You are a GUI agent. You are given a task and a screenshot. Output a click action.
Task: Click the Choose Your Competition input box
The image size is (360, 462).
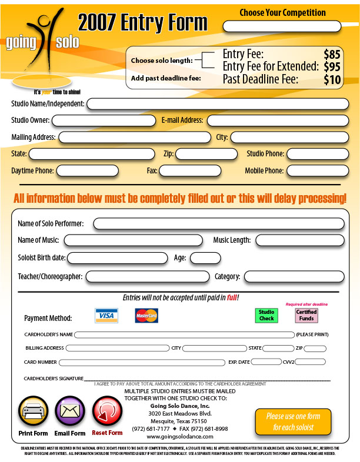(x=282, y=26)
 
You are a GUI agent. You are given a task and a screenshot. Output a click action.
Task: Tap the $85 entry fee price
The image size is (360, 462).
(x=331, y=55)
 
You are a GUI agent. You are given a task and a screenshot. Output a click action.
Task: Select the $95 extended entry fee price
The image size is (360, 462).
(x=331, y=67)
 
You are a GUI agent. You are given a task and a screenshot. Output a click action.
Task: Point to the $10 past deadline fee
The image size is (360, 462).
(x=332, y=79)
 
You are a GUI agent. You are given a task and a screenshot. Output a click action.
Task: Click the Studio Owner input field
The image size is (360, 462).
(x=104, y=120)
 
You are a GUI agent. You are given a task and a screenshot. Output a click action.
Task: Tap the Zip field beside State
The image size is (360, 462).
(x=206, y=154)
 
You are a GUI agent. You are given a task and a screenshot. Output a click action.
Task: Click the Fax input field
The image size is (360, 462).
(x=189, y=171)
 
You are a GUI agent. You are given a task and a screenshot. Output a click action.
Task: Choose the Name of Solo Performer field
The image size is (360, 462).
(x=218, y=224)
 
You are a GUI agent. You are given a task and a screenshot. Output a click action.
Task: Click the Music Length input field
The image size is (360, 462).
(x=299, y=240)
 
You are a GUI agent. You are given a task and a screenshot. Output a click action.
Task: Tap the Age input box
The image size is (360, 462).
(x=205, y=257)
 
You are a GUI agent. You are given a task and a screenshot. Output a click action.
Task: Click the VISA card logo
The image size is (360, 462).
(x=106, y=316)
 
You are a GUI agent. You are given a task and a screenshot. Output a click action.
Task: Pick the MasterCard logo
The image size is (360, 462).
(x=146, y=316)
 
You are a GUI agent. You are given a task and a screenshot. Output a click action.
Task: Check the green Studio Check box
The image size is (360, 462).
(x=266, y=316)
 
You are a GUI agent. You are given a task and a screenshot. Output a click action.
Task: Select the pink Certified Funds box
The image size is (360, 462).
(x=306, y=316)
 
